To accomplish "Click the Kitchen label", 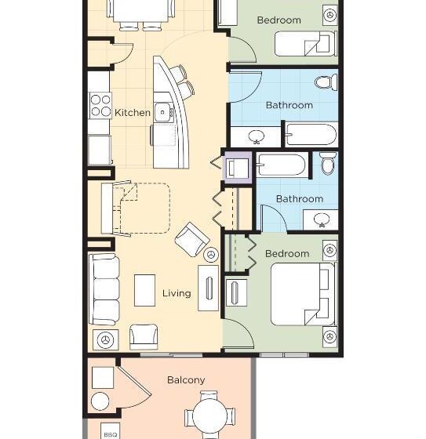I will [x=132, y=113].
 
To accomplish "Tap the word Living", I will [x=177, y=293].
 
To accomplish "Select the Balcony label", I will [x=186, y=380].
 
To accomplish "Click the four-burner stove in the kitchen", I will [x=100, y=105].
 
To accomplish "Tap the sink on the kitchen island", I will [x=162, y=111].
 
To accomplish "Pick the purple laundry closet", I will [x=237, y=166].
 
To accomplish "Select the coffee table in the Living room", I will [x=145, y=289].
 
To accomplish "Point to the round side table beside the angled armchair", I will [x=211, y=254].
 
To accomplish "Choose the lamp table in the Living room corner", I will [x=105, y=340].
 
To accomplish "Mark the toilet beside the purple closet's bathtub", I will [x=327, y=163].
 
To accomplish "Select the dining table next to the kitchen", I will [x=143, y=9].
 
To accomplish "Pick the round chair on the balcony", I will [x=100, y=401].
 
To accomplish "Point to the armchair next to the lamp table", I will [x=143, y=336].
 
